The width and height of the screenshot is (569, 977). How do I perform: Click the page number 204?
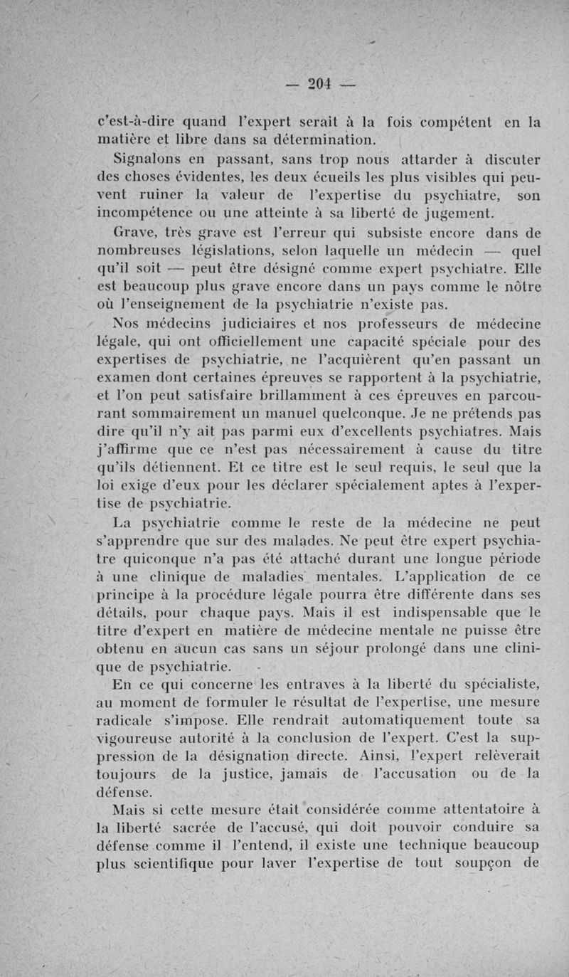321,84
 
